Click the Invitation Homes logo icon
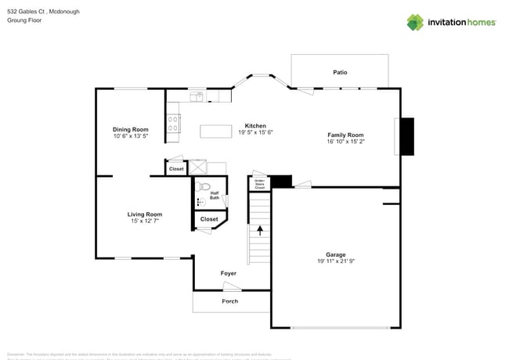click(x=415, y=22)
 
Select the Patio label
click(x=340, y=72)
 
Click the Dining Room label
click(x=130, y=129)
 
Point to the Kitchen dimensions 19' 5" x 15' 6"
click(x=255, y=132)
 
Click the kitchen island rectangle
click(x=217, y=131)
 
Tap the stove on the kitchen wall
click(x=173, y=123)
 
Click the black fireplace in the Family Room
click(x=406, y=137)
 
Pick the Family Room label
click(x=345, y=135)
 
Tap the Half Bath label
click(x=215, y=196)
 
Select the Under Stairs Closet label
click(x=260, y=185)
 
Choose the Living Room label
click(x=145, y=214)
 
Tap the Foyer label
click(x=228, y=273)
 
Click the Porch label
click(x=230, y=301)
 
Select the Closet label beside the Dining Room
click(x=176, y=168)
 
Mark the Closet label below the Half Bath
click(x=209, y=219)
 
